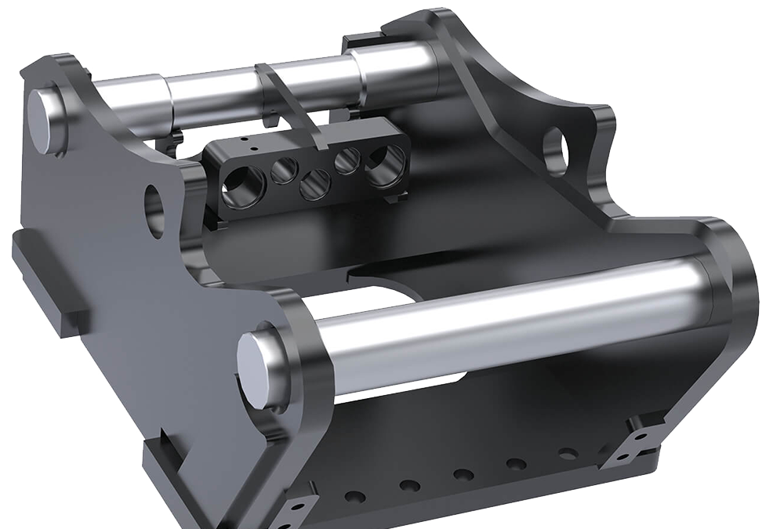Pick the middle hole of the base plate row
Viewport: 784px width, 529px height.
tap(463, 475)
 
